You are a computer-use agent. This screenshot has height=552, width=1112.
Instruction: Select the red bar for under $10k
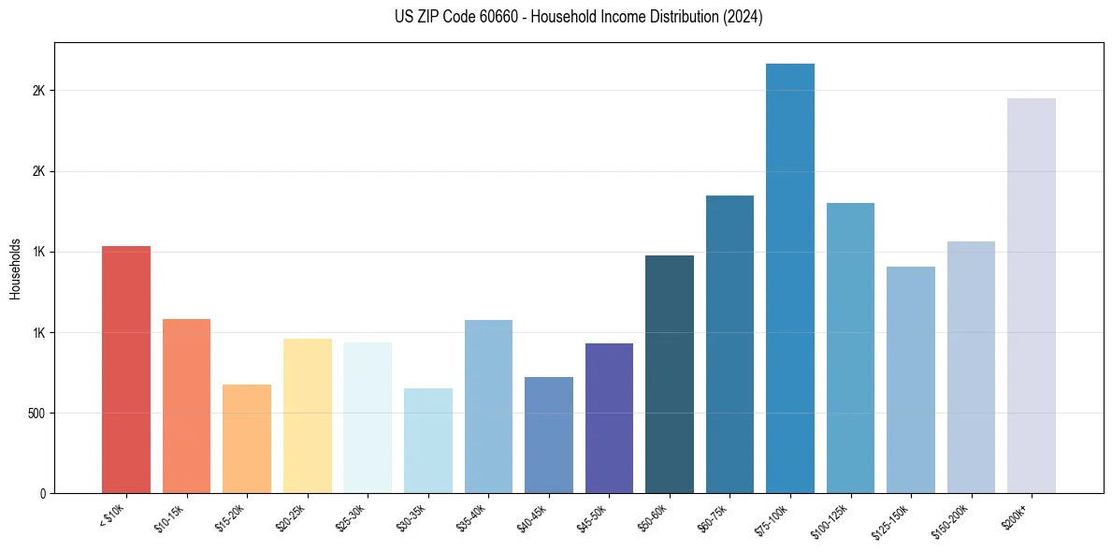126,370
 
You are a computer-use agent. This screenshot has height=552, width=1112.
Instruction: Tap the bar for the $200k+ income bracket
1032,296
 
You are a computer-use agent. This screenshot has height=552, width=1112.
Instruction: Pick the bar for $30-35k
428,441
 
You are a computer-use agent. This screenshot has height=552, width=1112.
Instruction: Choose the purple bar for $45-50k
609,418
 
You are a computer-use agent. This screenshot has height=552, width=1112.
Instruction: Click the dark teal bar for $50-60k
670,374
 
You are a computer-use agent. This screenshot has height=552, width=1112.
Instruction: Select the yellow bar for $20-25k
308,415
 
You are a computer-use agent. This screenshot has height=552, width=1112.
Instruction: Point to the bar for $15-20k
247,439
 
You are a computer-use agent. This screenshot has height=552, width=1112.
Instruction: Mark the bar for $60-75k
729,344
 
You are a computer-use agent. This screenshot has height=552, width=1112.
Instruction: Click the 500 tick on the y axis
36,414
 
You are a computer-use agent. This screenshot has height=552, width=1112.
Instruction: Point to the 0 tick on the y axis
42,494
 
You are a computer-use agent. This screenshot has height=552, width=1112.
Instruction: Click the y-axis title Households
16,269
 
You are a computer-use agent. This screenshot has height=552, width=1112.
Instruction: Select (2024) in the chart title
743,17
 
